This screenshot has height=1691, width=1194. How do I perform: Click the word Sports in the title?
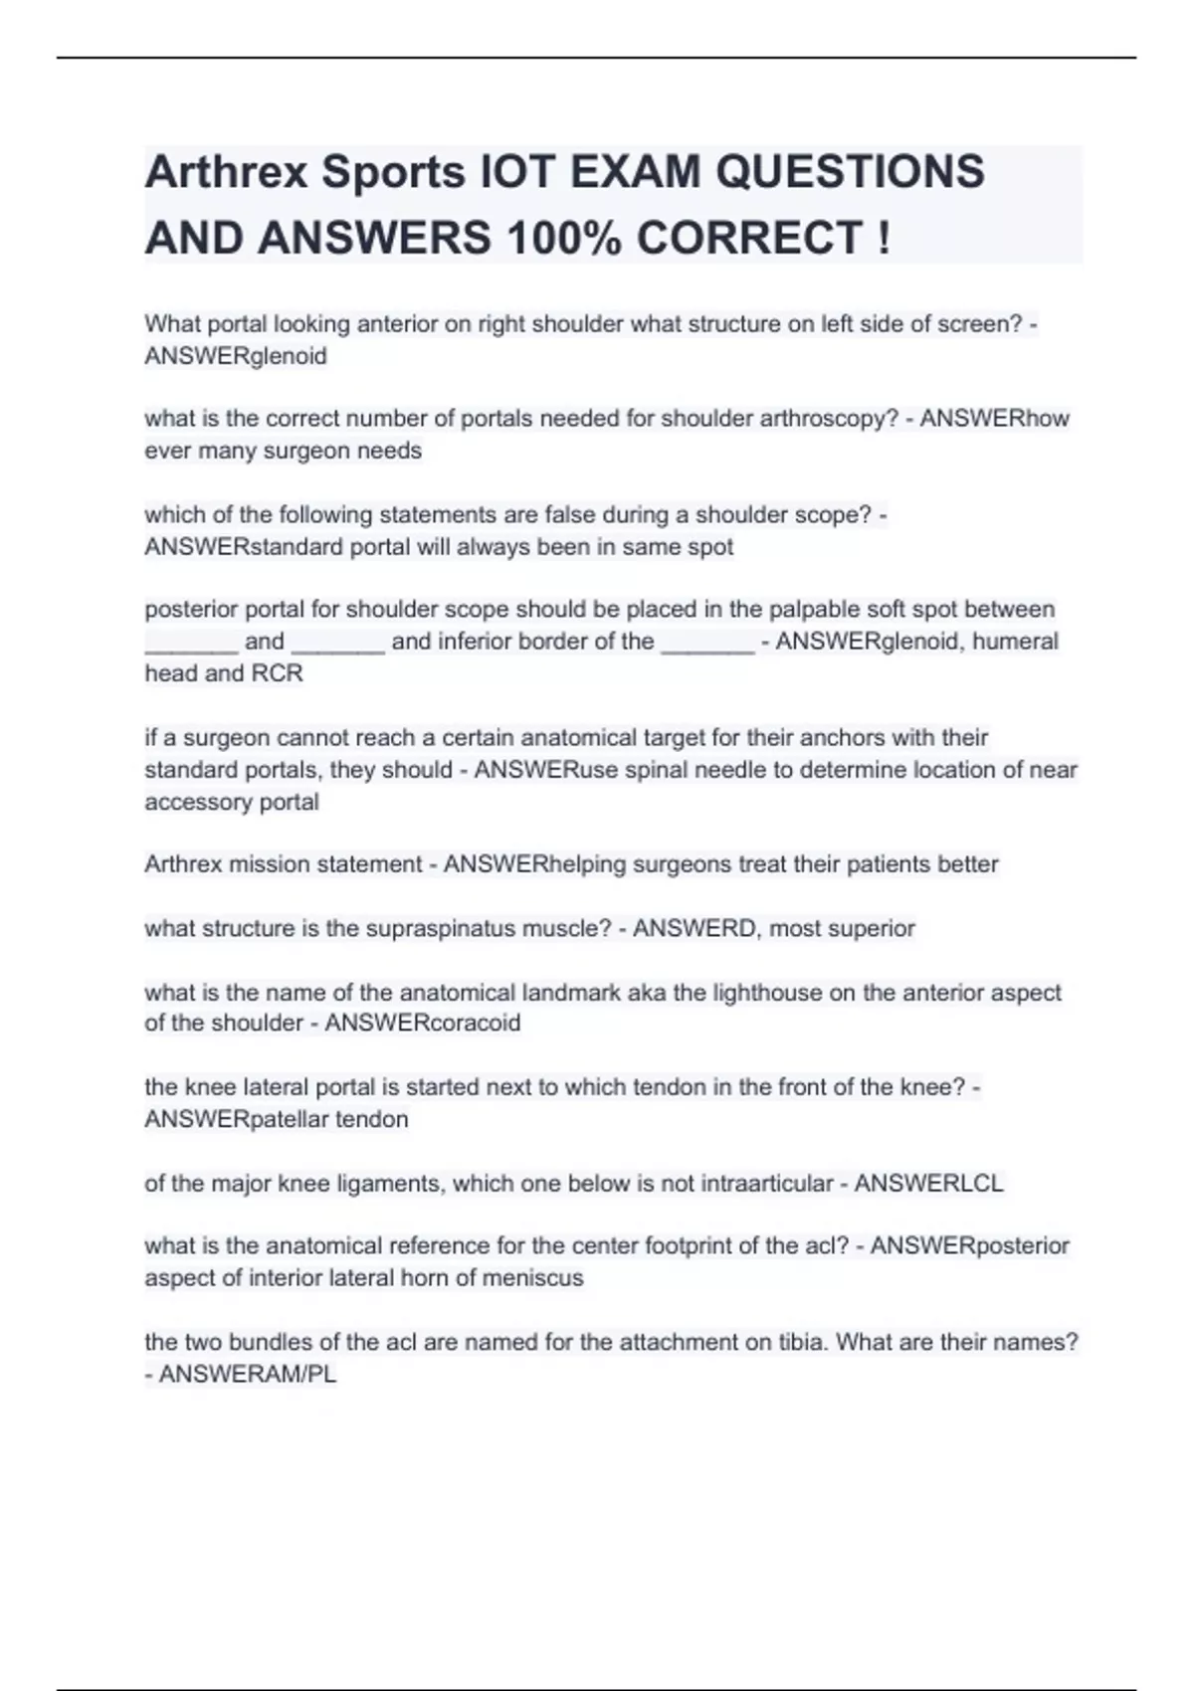[x=392, y=172]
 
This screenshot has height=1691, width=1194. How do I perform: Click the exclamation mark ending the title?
[x=884, y=238]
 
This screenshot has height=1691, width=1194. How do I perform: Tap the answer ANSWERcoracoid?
[x=422, y=1024]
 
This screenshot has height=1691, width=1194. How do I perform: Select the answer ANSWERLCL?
[x=928, y=1184]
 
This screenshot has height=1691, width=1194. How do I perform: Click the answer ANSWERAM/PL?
[x=248, y=1375]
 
